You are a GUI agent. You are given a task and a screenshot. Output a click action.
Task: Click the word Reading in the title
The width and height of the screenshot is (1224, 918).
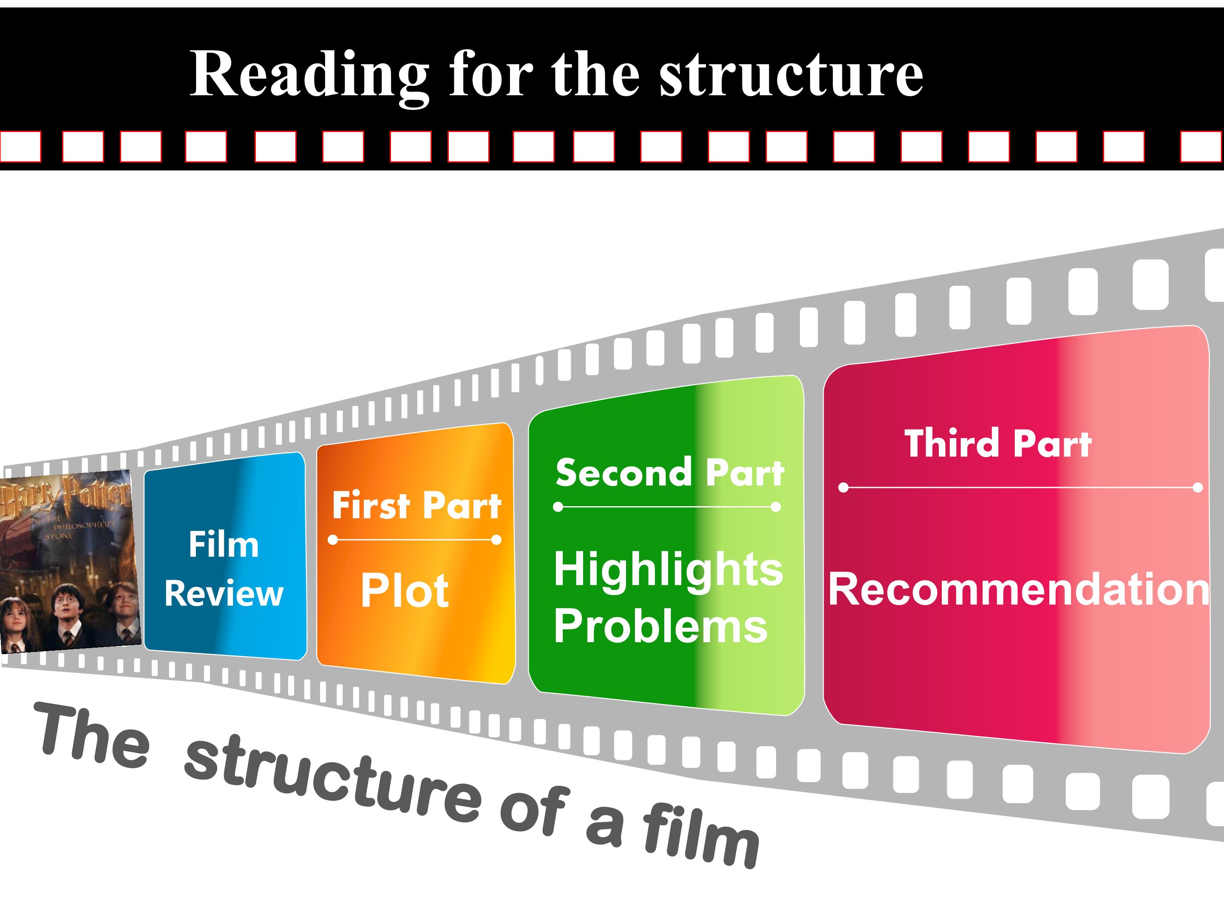pos(309,75)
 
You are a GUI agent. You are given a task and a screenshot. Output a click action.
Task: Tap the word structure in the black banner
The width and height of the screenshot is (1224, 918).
pos(791,75)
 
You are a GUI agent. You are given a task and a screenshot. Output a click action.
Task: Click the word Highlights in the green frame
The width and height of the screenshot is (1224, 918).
pos(669,570)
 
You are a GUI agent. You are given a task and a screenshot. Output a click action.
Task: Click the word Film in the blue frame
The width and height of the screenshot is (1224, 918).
pos(224,544)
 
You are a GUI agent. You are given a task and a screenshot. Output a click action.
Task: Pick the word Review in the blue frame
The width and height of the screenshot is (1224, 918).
pos(224,594)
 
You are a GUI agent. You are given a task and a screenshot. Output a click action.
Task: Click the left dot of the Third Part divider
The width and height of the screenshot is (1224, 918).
pos(843,487)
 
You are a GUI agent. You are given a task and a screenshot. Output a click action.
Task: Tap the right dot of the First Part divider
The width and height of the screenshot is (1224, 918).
pos(496,539)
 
